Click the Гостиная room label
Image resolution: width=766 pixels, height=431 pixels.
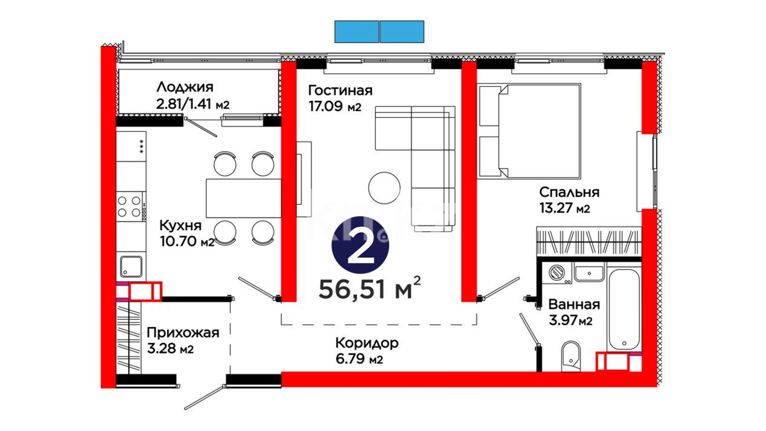tap(340, 91)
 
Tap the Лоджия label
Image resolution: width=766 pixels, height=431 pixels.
tap(185, 87)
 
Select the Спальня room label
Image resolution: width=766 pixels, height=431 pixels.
tap(569, 192)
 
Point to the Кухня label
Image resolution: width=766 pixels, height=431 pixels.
tap(180, 225)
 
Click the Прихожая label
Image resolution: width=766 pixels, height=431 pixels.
tap(183, 332)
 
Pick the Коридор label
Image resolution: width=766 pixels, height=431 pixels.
tap(367, 343)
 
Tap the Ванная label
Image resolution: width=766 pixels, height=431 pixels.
tap(574, 304)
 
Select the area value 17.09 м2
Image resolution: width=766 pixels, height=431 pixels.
tap(335, 107)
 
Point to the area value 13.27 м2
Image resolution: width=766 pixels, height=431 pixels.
tap(565, 208)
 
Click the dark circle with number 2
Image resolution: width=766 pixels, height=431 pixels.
tap(360, 245)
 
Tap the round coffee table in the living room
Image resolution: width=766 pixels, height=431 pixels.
tap(384, 188)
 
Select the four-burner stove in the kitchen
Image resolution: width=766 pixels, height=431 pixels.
tap(130, 206)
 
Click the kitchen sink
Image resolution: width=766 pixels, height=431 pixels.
tap(131, 267)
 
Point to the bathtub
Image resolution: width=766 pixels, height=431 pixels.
tap(624, 310)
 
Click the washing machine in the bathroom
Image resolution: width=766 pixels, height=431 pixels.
tap(557, 273)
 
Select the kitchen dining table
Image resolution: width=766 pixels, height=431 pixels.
tap(243, 198)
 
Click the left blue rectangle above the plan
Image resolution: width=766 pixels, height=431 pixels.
tap(357, 32)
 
